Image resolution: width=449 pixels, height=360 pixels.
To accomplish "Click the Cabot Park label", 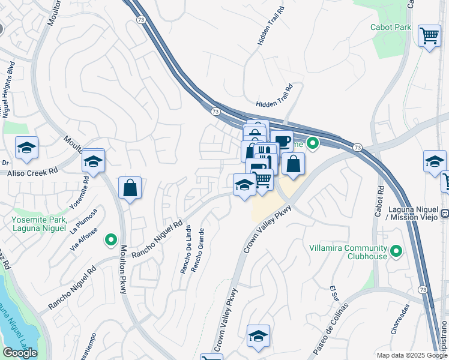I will click(x=391, y=28).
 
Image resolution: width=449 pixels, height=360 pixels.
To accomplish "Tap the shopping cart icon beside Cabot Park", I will click(x=429, y=37).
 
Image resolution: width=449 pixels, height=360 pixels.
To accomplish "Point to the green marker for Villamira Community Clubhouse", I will click(x=396, y=251).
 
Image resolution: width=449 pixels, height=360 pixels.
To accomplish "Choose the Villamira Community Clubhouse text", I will click(x=348, y=252).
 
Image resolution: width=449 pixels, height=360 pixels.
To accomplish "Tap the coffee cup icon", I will click(x=282, y=142).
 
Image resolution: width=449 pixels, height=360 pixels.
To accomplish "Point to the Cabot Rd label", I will click(x=379, y=204).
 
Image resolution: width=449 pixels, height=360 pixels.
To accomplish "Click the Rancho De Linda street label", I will click(x=185, y=250).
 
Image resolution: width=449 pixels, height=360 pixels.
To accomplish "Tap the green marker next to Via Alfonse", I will click(x=110, y=241).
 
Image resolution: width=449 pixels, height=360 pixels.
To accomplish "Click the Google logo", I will click(x=20, y=352).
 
